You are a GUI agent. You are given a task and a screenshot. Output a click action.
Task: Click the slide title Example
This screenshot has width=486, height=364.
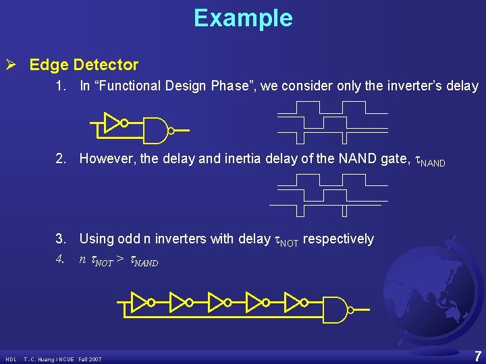pyautogui.click(x=243, y=18)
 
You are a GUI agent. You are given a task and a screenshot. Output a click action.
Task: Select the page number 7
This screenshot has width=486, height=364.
pyautogui.click(x=477, y=357)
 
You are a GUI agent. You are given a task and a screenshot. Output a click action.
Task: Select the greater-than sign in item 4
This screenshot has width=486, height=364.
pyautogui.click(x=119, y=260)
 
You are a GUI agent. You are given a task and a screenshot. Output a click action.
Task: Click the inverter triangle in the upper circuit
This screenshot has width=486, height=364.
pyautogui.click(x=113, y=123)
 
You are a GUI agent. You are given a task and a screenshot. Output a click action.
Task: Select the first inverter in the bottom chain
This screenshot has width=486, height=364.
pyautogui.click(x=140, y=302)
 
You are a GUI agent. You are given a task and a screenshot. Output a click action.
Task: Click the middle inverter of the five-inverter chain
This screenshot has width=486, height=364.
pyautogui.click(x=218, y=302)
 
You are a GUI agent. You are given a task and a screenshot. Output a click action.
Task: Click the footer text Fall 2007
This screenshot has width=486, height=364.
pyautogui.click(x=90, y=359)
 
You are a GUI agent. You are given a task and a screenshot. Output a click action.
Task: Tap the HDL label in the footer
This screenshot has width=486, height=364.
pyautogui.click(x=11, y=359)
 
